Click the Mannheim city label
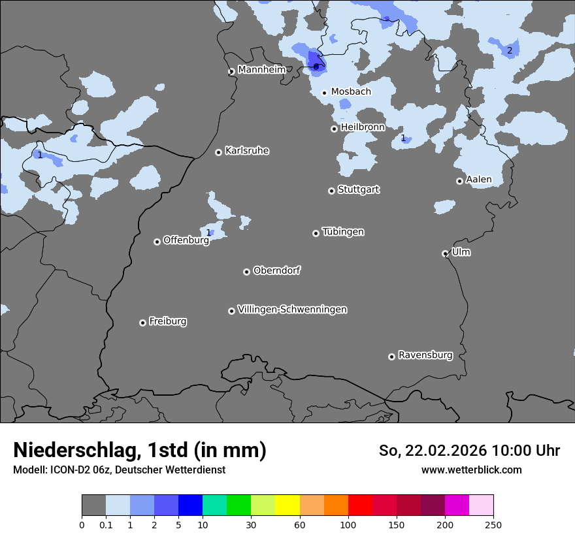point(261,69)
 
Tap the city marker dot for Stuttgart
point(331,191)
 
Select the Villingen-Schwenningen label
point(292,310)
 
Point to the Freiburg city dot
point(142,323)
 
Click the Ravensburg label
point(425,355)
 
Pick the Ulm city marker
point(445,253)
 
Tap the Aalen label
point(478,180)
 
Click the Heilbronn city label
point(363,127)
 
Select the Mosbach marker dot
point(324,93)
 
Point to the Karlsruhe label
point(247,151)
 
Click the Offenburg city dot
point(157,242)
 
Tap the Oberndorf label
point(277,270)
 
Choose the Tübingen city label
point(343,232)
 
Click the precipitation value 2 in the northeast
point(510,50)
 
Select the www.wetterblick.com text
point(471,470)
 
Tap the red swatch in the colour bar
point(360,505)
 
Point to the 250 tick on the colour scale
point(493,524)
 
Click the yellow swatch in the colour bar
point(287,505)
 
